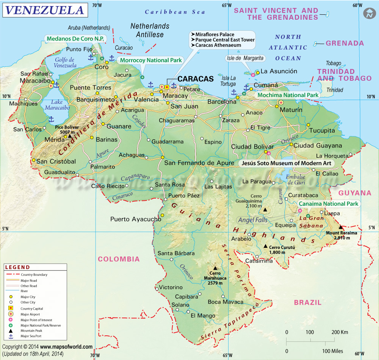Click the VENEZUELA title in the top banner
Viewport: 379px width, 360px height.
pyautogui.click(x=45, y=10)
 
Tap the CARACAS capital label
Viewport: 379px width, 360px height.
pyautogui.click(x=196, y=79)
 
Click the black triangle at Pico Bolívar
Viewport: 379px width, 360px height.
pyautogui.click(x=69, y=136)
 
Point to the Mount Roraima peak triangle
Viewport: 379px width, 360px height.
pyautogui.click(x=340, y=227)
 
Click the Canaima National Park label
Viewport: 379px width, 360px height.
pyautogui.click(x=328, y=204)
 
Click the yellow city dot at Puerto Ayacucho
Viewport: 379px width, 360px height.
pyautogui.click(x=162, y=215)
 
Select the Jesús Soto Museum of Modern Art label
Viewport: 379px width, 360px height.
pyautogui.click(x=285, y=163)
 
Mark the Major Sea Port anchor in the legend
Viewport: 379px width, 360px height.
pyautogui.click(x=11, y=336)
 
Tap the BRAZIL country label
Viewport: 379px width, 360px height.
pyautogui.click(x=307, y=302)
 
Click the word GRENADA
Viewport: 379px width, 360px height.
pyautogui.click(x=345, y=43)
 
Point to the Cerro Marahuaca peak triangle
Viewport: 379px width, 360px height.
pyautogui.click(x=215, y=268)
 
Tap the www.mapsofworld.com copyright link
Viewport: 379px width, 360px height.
pyautogui.click(x=66, y=346)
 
